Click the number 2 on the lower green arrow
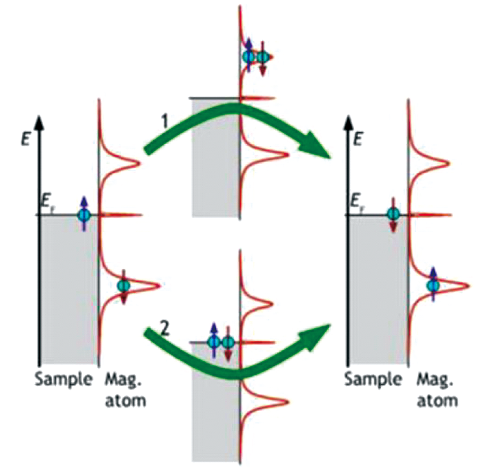tap(164, 329)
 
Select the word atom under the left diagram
tap(126, 401)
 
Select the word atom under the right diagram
tap(437, 401)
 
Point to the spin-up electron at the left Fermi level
tap(84, 214)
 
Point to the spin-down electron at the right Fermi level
tap(393, 214)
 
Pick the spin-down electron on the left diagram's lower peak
tap(123, 286)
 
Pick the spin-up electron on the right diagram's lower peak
tap(433, 284)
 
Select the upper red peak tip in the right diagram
tap(449, 163)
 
